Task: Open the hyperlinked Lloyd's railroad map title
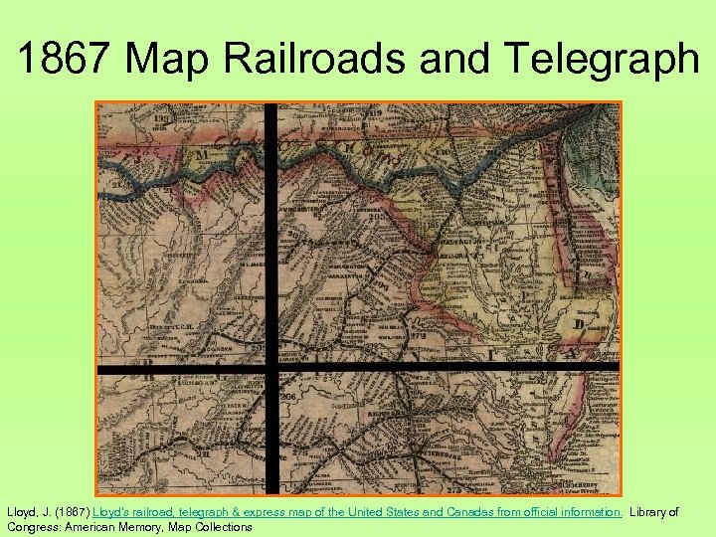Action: (x=358, y=512)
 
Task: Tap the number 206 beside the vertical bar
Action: (x=289, y=395)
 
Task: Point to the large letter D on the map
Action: (x=578, y=326)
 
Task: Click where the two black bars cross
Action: (x=272, y=367)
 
